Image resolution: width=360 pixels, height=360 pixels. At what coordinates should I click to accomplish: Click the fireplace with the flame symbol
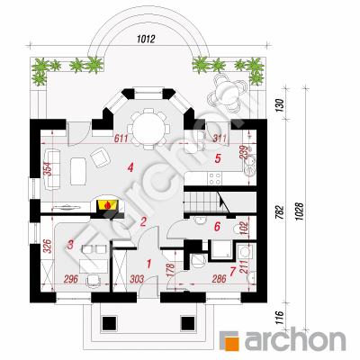pyautogui.click(x=107, y=205)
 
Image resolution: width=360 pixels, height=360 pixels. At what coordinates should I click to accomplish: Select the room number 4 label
pyautogui.click(x=130, y=167)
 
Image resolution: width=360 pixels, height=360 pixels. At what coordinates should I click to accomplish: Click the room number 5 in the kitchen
pyautogui.click(x=218, y=158)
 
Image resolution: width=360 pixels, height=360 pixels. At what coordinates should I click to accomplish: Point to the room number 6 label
pyautogui.click(x=217, y=227)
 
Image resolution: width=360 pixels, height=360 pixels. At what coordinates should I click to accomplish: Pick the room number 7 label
pyautogui.click(x=232, y=272)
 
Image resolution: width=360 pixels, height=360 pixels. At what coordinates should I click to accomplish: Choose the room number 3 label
pyautogui.click(x=70, y=245)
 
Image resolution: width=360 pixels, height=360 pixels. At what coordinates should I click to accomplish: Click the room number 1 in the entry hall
pyautogui.click(x=148, y=264)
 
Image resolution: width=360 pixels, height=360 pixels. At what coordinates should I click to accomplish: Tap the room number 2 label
pyautogui.click(x=143, y=221)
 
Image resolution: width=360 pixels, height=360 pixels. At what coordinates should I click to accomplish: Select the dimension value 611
pyautogui.click(x=121, y=139)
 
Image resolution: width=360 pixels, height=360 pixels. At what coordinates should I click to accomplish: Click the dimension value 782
pyautogui.click(x=279, y=213)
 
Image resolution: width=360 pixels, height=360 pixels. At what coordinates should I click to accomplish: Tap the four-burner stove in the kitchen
pyautogui.click(x=215, y=178)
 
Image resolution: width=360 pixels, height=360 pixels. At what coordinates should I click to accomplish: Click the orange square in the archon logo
pyautogui.click(x=233, y=341)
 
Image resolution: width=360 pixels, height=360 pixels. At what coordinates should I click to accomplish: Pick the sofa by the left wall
pyautogui.click(x=53, y=169)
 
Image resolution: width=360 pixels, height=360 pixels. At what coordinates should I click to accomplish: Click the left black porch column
pyautogui.click(x=109, y=323)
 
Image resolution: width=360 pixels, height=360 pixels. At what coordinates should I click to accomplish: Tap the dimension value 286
pyautogui.click(x=219, y=279)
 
